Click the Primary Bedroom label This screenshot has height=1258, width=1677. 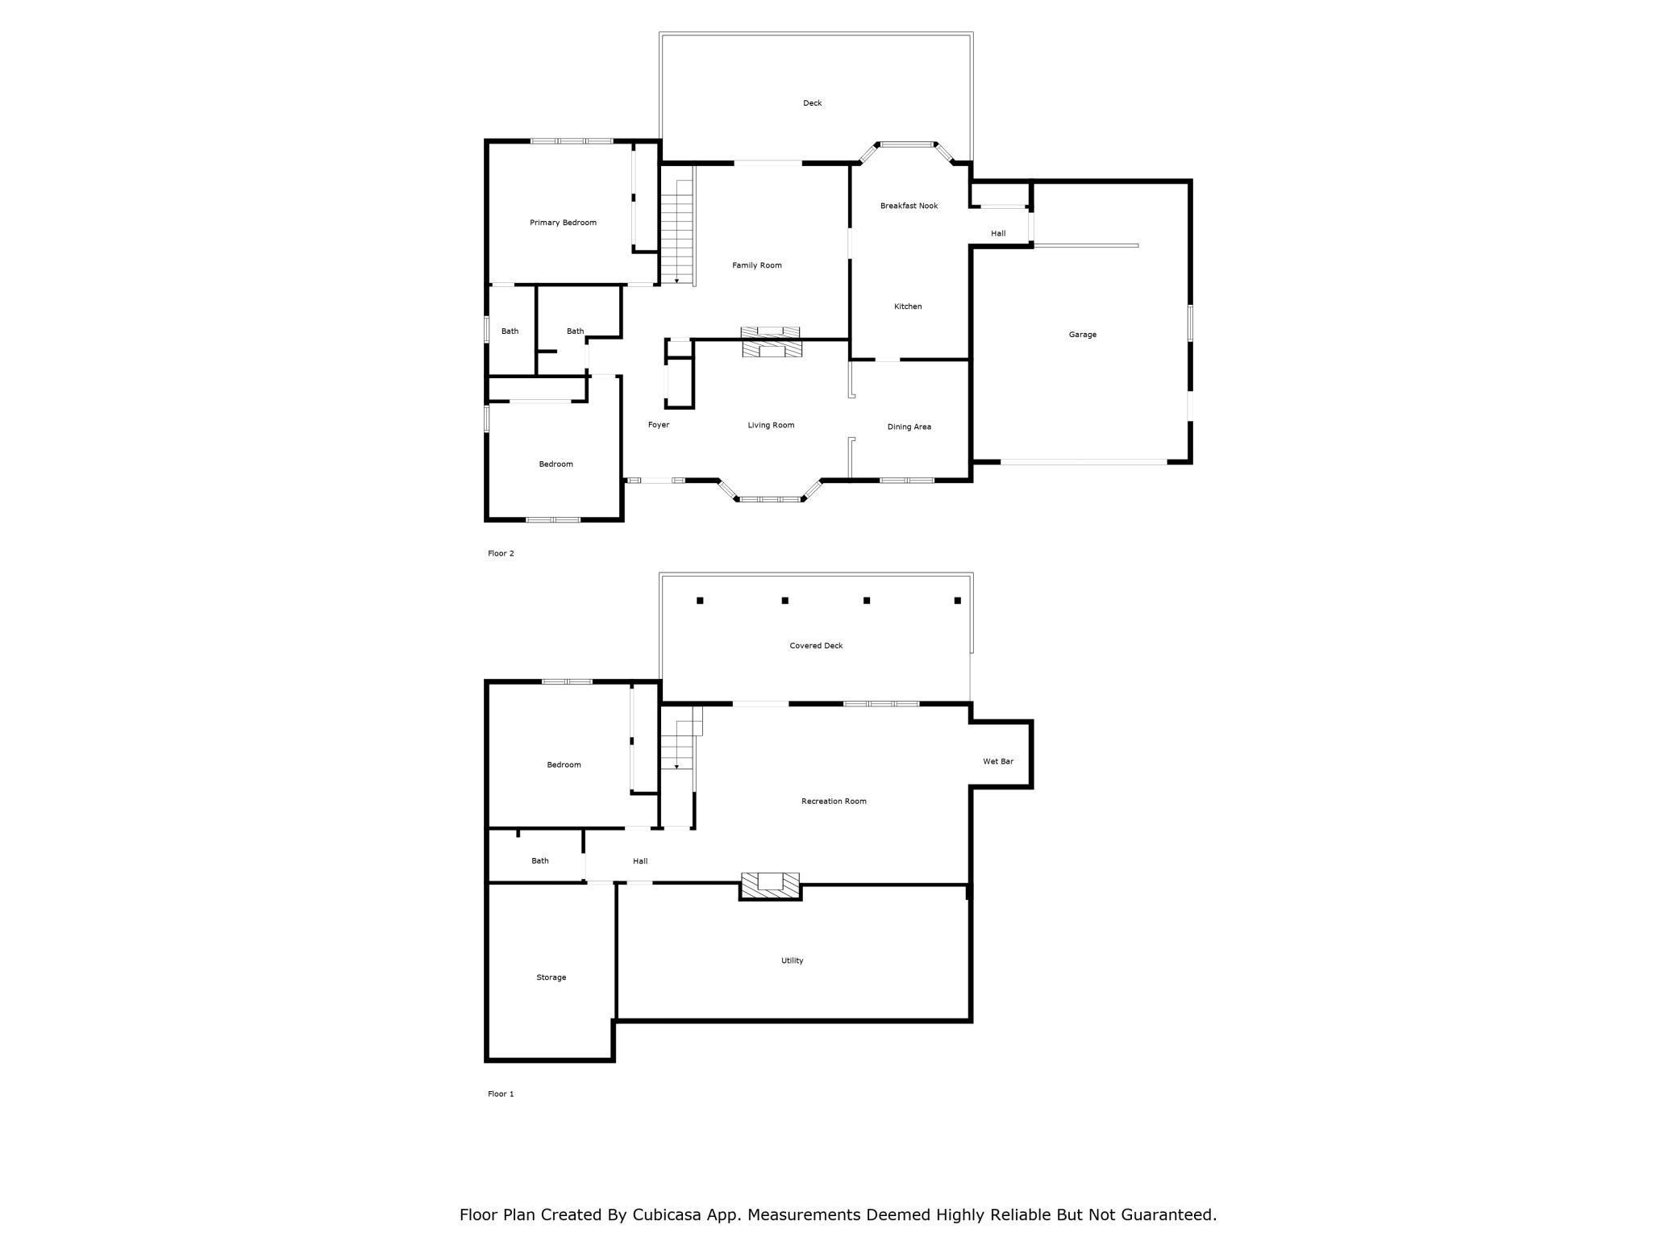tap(563, 223)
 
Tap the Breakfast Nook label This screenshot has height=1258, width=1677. tap(909, 206)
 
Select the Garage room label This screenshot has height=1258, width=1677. tap(1082, 335)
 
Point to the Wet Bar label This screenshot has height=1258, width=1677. tap(997, 761)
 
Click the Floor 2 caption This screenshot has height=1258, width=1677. tap(501, 553)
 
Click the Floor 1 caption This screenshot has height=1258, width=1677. tap(501, 1093)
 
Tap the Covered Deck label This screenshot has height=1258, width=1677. tap(816, 645)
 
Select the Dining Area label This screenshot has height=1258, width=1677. tap(909, 427)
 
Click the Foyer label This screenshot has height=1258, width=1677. tap(658, 425)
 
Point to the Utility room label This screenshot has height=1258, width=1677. tap(792, 960)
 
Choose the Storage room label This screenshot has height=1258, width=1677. tap(551, 977)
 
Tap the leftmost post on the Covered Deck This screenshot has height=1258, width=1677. tap(700, 600)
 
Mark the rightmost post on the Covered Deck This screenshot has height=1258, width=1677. tap(957, 600)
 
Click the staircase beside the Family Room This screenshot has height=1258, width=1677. tap(677, 232)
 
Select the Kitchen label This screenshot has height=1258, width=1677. tap(907, 306)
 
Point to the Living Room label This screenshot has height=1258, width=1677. tap(771, 425)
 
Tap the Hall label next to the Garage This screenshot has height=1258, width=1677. tap(997, 233)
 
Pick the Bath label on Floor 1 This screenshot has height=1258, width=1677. tap(539, 860)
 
